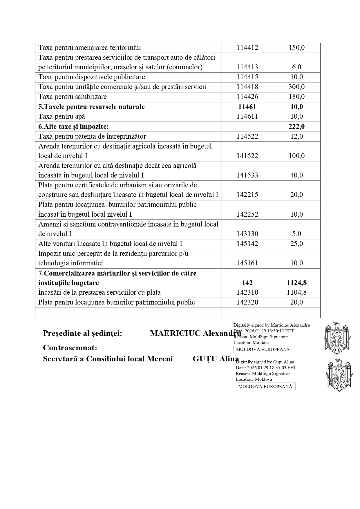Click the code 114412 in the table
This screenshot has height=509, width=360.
[x=247, y=48]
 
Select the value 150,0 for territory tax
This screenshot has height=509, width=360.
[x=296, y=48]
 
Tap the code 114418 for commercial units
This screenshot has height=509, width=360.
[x=247, y=87]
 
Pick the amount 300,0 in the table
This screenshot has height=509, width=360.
[x=296, y=87]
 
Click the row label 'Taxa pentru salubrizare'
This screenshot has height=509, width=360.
[x=73, y=97]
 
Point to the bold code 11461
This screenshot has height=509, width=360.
[x=247, y=107]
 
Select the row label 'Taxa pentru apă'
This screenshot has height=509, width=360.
[x=62, y=117]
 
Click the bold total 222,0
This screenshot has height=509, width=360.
[x=296, y=126]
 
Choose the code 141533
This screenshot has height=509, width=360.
[x=247, y=175]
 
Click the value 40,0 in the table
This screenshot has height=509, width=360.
[x=296, y=175]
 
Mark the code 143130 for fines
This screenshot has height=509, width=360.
[x=247, y=234]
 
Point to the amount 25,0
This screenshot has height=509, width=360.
[x=296, y=244]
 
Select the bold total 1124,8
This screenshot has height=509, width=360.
[x=296, y=283]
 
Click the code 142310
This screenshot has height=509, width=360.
[x=247, y=293]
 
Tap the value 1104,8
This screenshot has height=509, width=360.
[x=296, y=293]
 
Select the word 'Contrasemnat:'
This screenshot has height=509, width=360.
[x=70, y=348]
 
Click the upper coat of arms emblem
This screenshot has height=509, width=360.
[x=336, y=338]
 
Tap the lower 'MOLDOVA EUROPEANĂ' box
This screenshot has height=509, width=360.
[x=265, y=387]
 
